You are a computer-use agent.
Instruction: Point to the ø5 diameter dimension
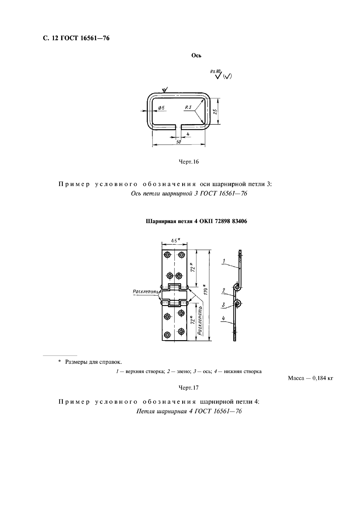tap(161, 108)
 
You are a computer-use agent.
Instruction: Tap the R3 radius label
tap(188, 108)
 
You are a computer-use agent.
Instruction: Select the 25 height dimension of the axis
tap(215, 111)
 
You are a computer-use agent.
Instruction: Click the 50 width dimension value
tap(178, 142)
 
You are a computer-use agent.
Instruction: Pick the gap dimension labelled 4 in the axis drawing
tap(188, 134)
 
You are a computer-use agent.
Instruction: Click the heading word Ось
tap(196, 56)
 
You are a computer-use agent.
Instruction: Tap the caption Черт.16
tap(189, 162)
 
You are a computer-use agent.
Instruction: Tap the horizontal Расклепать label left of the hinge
tap(146, 291)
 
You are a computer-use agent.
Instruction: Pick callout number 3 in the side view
tap(224, 305)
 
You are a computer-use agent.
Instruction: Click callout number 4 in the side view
tap(224, 318)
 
